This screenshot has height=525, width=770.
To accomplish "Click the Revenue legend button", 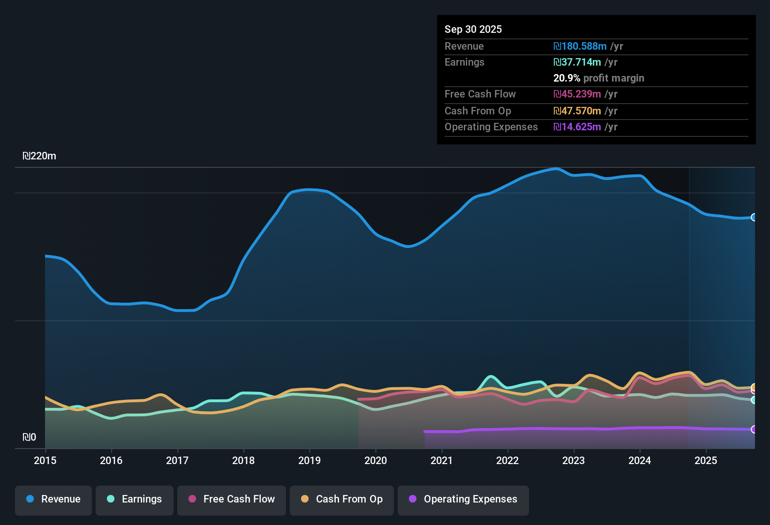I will click(x=53, y=499).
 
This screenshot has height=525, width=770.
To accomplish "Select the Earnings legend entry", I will click(x=135, y=499).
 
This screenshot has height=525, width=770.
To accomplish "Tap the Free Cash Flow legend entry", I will click(x=232, y=499).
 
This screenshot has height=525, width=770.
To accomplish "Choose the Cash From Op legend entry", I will click(x=342, y=499).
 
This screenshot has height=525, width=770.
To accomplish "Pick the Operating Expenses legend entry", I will click(x=463, y=499).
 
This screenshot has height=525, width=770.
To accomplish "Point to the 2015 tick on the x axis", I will click(x=45, y=460).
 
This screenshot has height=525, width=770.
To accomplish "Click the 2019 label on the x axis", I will click(x=310, y=460).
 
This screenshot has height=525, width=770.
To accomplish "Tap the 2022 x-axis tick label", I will click(x=507, y=460).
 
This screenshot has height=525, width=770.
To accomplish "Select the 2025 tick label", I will click(x=706, y=460).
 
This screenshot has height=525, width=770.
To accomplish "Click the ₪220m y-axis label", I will click(x=39, y=156).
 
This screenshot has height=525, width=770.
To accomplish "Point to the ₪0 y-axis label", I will click(x=29, y=437).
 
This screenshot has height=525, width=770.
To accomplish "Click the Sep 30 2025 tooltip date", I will click(x=473, y=29).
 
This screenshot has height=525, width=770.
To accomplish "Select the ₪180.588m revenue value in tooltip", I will click(x=580, y=46).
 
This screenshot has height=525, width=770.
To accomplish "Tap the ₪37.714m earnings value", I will click(x=577, y=62).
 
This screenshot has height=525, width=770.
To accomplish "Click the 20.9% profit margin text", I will click(x=598, y=78).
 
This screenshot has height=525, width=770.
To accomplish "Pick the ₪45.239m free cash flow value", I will click(x=577, y=94).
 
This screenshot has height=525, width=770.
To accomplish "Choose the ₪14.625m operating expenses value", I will click(x=577, y=127).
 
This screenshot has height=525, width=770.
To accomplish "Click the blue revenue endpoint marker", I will click(x=754, y=217).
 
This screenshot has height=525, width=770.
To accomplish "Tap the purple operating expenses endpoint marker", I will click(x=754, y=429).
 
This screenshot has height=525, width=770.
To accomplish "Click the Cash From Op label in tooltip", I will click(x=477, y=111).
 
